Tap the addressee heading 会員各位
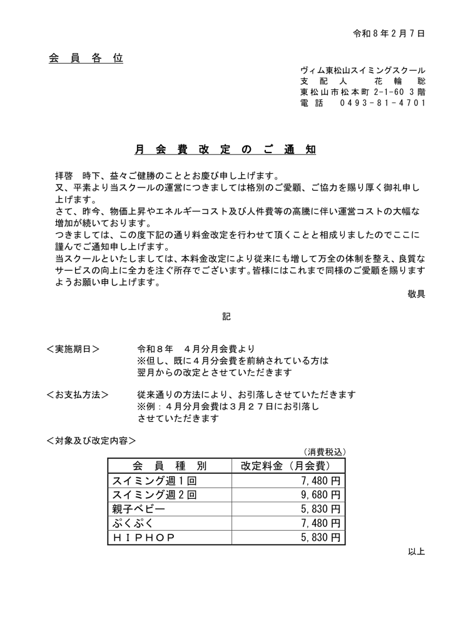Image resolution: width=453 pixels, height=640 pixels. (x=86, y=59)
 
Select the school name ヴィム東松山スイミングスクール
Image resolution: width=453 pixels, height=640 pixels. (x=362, y=71)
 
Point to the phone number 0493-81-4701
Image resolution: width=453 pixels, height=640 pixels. (x=382, y=102)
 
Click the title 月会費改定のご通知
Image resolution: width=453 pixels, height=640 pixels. (x=226, y=150)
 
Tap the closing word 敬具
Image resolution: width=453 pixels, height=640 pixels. (x=416, y=294)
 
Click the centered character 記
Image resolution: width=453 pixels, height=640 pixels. (x=227, y=317)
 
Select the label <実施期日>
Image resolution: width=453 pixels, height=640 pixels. (x=73, y=349)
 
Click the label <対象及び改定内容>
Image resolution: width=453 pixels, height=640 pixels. (x=91, y=441)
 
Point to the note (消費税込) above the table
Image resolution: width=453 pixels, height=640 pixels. (x=325, y=452)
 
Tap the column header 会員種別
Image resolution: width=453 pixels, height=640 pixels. (x=170, y=466)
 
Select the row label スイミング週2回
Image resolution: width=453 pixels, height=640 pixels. (x=154, y=495)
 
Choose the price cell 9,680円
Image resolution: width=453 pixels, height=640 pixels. (x=320, y=495)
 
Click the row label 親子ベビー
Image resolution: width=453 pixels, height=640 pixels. (x=138, y=509)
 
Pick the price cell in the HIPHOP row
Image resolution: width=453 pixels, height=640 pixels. (x=320, y=537)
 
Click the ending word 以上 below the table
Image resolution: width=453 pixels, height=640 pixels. (x=416, y=552)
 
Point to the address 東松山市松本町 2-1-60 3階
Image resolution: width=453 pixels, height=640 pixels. (x=362, y=92)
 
